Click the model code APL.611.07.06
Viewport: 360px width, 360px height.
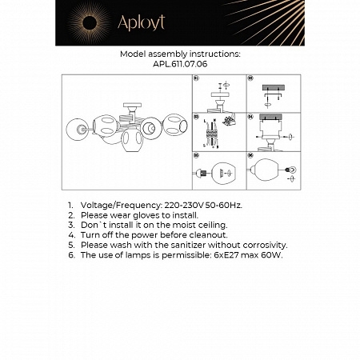coord(180,62)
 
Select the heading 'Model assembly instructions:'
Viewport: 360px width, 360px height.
coord(179,54)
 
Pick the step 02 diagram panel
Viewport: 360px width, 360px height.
coord(272,94)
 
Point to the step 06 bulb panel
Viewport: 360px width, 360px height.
coord(272,171)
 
